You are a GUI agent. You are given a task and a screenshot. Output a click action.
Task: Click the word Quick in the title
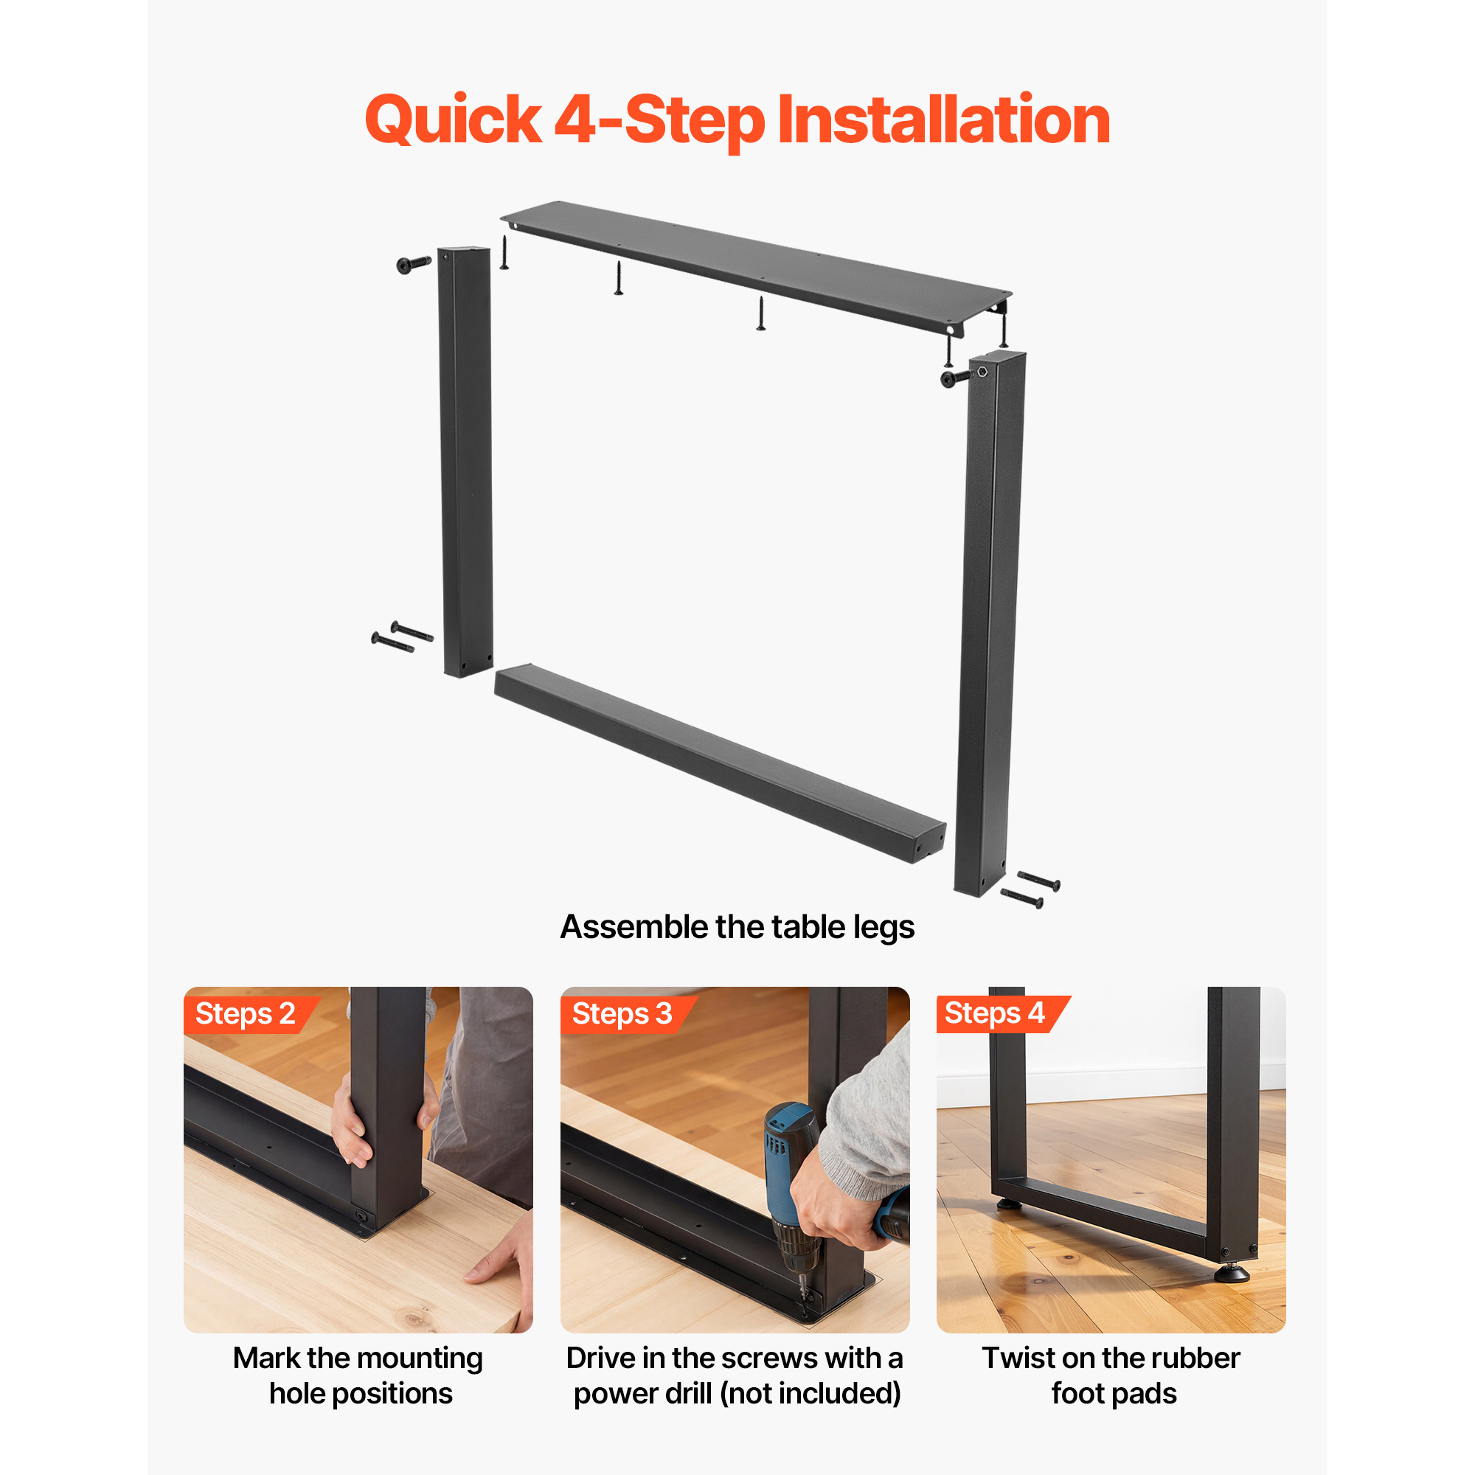(454, 121)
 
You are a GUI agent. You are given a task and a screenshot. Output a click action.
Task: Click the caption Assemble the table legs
(737, 927)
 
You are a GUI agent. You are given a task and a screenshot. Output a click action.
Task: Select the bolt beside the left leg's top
(414, 263)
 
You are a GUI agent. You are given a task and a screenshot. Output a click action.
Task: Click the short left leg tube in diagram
(465, 461)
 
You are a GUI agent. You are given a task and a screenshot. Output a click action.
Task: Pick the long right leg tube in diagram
(990, 623)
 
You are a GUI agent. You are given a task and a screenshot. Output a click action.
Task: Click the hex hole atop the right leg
(982, 371)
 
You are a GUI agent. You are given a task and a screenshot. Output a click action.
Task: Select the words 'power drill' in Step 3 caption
(642, 1393)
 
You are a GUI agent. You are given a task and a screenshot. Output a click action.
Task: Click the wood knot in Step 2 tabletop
(413, 1319)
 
